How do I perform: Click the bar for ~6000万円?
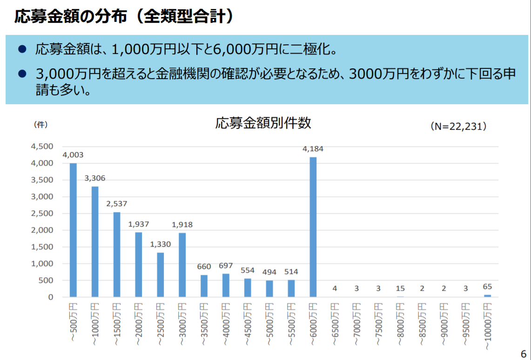tap(313, 227)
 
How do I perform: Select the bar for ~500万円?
tap(73, 230)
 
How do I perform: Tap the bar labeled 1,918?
tap(182, 265)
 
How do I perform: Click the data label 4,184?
tap(313, 149)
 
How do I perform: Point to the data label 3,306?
tap(95, 178)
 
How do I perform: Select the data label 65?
tap(487, 287)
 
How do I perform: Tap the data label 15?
tap(400, 288)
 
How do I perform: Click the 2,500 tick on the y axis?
tap(43, 213)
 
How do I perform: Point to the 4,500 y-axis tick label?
tap(43, 147)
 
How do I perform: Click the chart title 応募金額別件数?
tap(263, 123)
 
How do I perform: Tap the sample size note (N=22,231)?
tap(458, 126)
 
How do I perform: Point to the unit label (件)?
tap(41, 125)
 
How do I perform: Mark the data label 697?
tap(226, 266)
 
